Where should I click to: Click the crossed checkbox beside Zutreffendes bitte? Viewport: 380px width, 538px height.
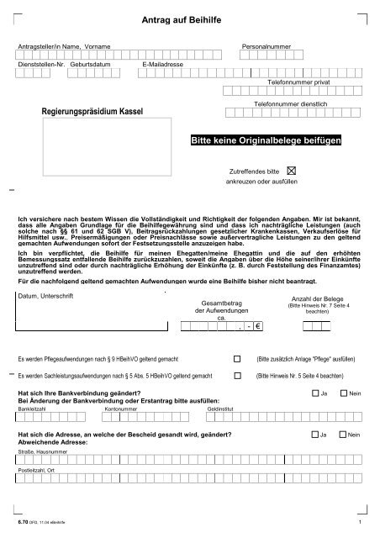click(x=293, y=171)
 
